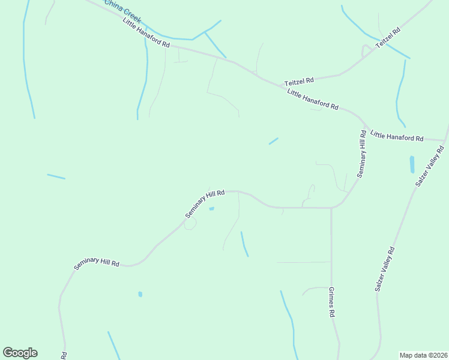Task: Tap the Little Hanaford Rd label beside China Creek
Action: pyautogui.click(x=146, y=34)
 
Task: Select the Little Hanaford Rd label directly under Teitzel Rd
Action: pyautogui.click(x=312, y=100)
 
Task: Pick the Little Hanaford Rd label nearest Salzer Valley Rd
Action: pyautogui.click(x=397, y=136)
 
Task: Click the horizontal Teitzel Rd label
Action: pyautogui.click(x=299, y=80)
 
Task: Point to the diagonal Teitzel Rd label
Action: pyautogui.click(x=388, y=38)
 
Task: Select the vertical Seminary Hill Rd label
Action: pyautogui.click(x=362, y=154)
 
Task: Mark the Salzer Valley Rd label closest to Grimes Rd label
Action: pyautogui.click(x=385, y=269)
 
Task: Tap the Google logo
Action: pyautogui.click(x=20, y=353)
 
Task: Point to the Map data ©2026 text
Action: pyautogui.click(x=424, y=355)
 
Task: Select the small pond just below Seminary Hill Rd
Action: pyautogui.click(x=211, y=209)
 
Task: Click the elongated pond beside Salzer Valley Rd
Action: pyautogui.click(x=412, y=164)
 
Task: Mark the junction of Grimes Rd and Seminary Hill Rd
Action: pyautogui.click(x=331, y=208)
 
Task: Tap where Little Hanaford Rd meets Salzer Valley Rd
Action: pyautogui.click(x=445, y=141)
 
